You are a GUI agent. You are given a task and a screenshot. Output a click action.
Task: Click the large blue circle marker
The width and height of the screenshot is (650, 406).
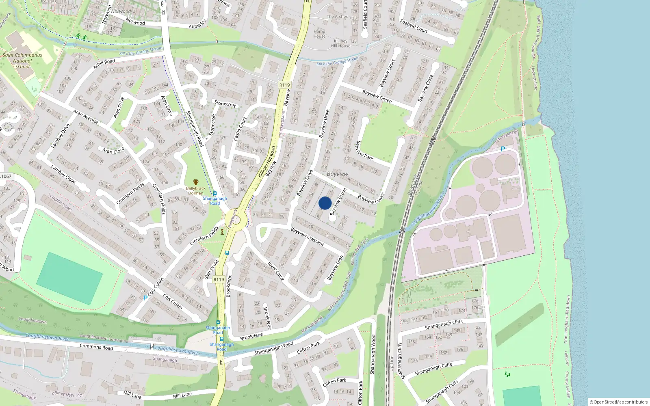[325, 203]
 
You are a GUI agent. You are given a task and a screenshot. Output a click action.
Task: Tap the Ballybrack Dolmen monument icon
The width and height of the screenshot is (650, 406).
[196, 182]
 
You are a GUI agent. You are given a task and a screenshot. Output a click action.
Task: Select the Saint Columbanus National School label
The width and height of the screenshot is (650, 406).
[22, 61]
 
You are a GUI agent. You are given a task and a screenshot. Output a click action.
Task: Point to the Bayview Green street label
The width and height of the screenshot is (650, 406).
[377, 96]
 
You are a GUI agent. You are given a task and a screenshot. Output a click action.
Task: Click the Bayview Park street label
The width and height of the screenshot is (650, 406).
[364, 151]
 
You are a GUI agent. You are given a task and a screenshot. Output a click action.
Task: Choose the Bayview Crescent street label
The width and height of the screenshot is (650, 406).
[307, 236]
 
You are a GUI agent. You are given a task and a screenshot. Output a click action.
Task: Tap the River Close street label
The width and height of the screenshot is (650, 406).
[275, 271]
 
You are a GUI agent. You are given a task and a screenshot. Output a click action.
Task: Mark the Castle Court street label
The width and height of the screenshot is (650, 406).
[240, 129]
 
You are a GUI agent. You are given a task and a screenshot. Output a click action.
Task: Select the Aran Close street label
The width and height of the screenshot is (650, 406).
[113, 151]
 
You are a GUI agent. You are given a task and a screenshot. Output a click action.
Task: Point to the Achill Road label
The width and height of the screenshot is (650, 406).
[104, 64]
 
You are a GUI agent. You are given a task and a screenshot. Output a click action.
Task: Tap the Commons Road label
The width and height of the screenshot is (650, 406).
[96, 347]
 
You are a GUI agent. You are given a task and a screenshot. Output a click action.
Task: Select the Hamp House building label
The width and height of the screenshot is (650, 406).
[319, 34]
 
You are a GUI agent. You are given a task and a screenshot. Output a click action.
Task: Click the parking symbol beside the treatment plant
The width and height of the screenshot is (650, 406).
[503, 149]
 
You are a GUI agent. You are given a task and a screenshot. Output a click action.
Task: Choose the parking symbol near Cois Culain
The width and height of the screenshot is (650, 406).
[145, 298]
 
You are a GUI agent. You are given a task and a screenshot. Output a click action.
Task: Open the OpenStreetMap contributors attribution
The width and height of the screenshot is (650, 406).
[618, 402]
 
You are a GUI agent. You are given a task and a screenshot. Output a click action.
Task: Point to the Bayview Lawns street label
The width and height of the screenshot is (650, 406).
[371, 199]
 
